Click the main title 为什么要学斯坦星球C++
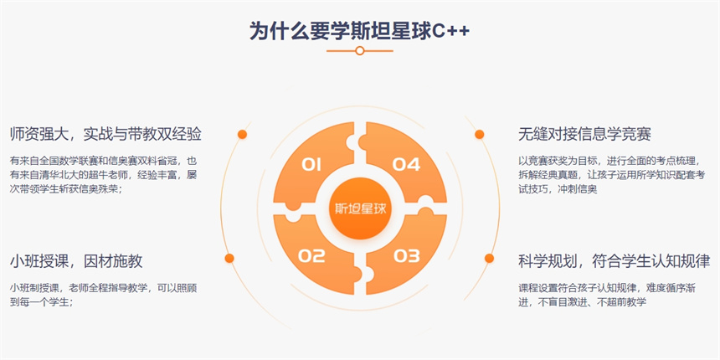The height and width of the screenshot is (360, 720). pos(359,31)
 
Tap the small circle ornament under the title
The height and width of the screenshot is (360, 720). pos(360,50)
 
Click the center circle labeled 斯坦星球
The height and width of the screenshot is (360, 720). pos(360,208)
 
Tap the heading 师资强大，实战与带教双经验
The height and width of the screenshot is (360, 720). pos(105,135)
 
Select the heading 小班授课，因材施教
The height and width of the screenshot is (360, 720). pos(76,261)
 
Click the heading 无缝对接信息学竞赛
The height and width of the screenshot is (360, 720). pos(584,135)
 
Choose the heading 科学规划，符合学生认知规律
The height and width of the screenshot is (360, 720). pos(614,261)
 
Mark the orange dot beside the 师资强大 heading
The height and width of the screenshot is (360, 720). pos(242,134)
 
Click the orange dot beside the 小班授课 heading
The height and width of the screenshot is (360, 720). pos(229,258)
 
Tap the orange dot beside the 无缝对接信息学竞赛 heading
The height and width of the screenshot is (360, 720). pos(480,134)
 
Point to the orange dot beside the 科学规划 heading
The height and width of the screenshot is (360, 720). pos(489,258)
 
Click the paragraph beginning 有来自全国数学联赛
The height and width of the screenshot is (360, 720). pos(103,175)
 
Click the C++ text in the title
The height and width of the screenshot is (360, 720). pos(451,31)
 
